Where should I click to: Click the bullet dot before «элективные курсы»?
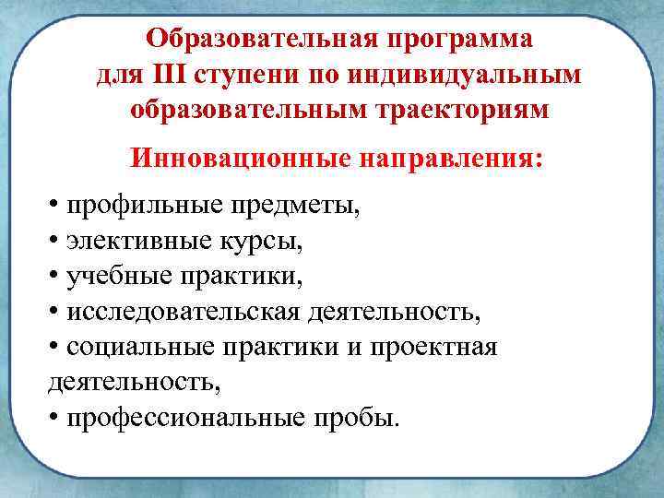click(54, 241)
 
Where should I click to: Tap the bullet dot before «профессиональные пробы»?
click(54, 417)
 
